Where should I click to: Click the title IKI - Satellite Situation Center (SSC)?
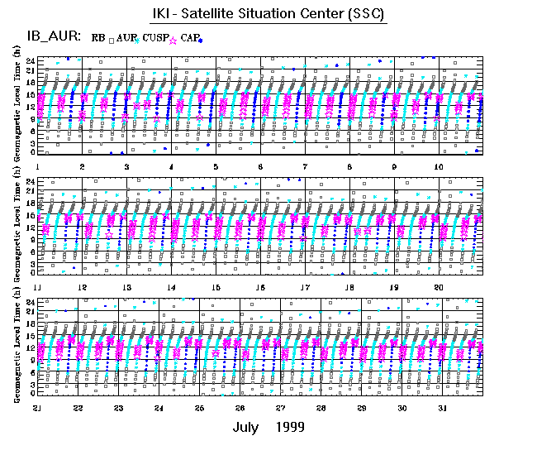[x=268, y=15]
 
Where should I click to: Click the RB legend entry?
[x=98, y=38]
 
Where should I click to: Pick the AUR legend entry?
[x=126, y=38]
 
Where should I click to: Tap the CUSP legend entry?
[x=155, y=38]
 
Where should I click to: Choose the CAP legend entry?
[x=189, y=38]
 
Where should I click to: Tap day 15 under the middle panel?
[x=216, y=287]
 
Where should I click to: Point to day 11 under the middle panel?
[x=37, y=287]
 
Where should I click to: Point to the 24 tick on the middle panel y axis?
[x=29, y=181]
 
